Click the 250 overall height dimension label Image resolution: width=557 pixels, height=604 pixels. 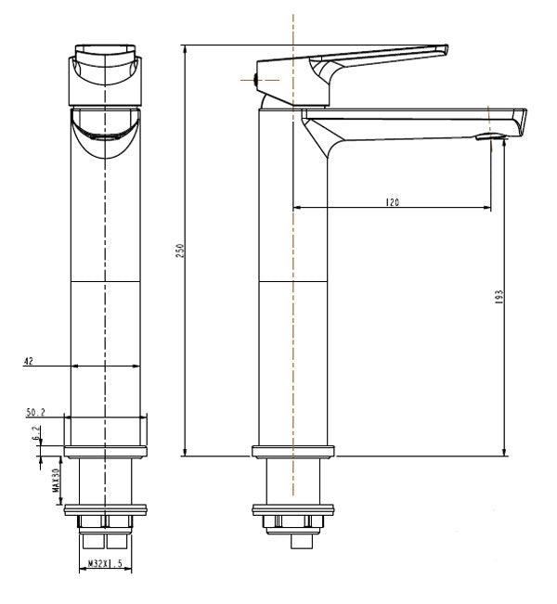[181, 251]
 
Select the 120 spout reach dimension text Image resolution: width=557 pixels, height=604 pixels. [394, 201]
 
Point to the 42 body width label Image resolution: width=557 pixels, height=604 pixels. [29, 360]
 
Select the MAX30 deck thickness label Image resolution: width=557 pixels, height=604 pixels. [56, 483]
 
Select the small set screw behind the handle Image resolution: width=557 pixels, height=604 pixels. [257, 80]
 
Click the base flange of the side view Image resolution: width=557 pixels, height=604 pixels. [292, 452]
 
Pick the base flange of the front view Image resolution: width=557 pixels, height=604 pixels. [106, 452]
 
